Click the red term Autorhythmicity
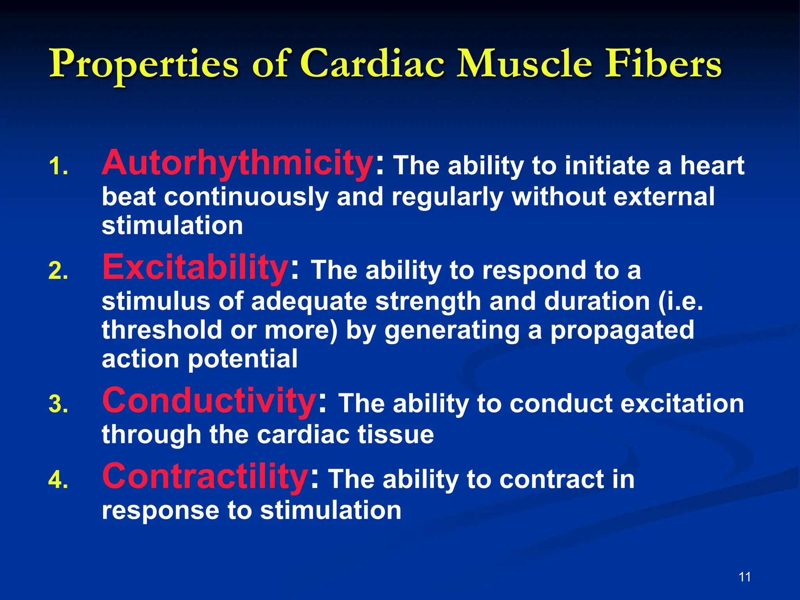click(237, 163)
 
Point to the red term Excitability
click(195, 268)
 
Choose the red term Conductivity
click(209, 401)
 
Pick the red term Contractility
click(205, 476)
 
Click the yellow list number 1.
click(58, 167)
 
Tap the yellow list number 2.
click(58, 271)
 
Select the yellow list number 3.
click(58, 404)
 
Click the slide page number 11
click(745, 577)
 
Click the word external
click(664, 196)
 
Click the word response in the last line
click(160, 511)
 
